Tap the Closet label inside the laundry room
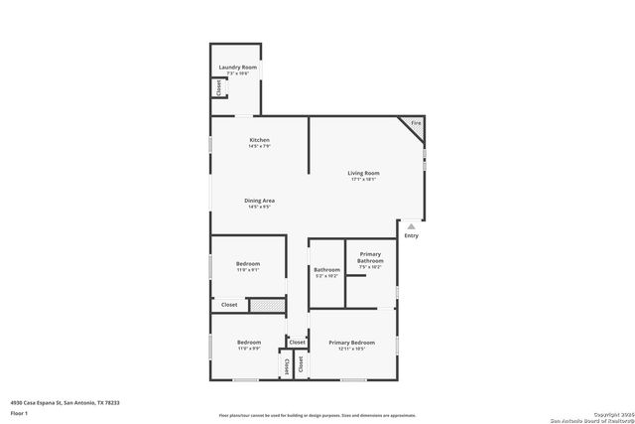[217, 87]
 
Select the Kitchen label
[259, 140]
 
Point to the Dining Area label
[260, 201]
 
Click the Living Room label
[363, 173]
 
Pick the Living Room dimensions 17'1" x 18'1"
[363, 180]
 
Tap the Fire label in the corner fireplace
[416, 123]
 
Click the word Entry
[411, 235]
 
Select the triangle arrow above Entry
[411, 226]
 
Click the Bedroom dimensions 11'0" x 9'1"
[248, 270]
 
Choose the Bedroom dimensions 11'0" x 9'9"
[248, 349]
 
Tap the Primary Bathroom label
[369, 257]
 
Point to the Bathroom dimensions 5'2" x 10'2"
[327, 276]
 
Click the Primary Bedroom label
[351, 343]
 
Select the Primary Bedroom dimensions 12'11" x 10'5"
[351, 350]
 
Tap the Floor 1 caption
[19, 412]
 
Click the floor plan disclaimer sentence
[317, 416]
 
